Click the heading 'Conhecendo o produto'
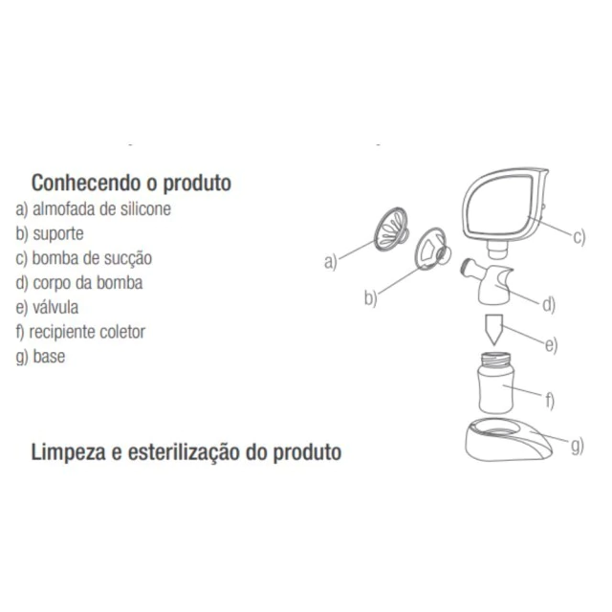click(x=131, y=183)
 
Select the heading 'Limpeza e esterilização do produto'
click(x=186, y=452)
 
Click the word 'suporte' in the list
click(x=58, y=233)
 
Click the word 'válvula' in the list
click(x=55, y=307)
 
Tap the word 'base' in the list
click(x=49, y=357)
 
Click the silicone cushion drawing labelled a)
click(x=391, y=229)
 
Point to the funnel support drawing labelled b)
click(x=432, y=249)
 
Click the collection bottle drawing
click(x=495, y=382)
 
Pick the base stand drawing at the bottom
click(x=509, y=440)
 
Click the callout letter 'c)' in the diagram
click(x=579, y=237)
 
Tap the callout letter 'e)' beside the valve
click(x=551, y=345)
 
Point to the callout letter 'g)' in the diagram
click(x=578, y=446)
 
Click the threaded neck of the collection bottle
click(x=495, y=359)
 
